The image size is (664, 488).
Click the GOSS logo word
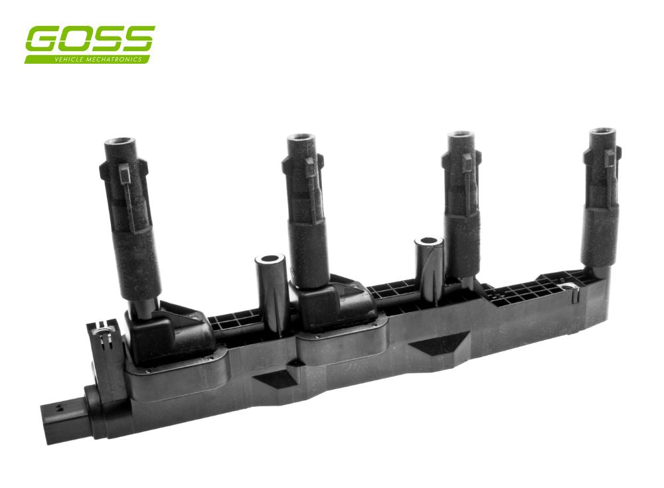pos(90,40)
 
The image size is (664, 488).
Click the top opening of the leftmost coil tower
pos(120,141)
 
